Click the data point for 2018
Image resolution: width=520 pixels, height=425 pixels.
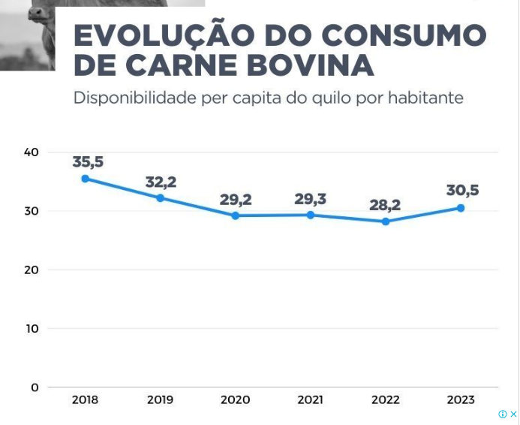[x=86, y=179]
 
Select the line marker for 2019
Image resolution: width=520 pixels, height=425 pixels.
[x=160, y=198]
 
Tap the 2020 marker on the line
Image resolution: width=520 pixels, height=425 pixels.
[x=235, y=216]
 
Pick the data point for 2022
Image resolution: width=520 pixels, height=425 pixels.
[x=386, y=222]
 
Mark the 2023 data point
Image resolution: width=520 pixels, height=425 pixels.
[x=461, y=208]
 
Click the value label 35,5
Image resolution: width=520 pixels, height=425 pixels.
[x=88, y=161]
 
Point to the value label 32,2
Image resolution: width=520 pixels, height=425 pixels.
[x=161, y=182]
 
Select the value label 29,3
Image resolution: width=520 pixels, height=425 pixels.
[x=311, y=199]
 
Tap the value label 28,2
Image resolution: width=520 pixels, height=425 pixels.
[x=385, y=205]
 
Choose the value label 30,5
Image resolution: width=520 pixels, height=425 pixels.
[x=462, y=191]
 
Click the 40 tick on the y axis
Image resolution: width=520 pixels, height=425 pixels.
[x=31, y=152]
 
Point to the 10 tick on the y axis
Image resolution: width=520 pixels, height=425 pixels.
[x=31, y=329]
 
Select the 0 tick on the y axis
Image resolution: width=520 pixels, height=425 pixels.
[x=35, y=387]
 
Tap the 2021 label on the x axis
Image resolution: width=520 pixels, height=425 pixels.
[x=311, y=400]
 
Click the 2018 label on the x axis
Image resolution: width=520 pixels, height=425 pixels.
[x=86, y=400]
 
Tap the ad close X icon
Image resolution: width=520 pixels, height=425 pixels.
[x=514, y=414]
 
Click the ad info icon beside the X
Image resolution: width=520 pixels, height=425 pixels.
[x=503, y=414]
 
